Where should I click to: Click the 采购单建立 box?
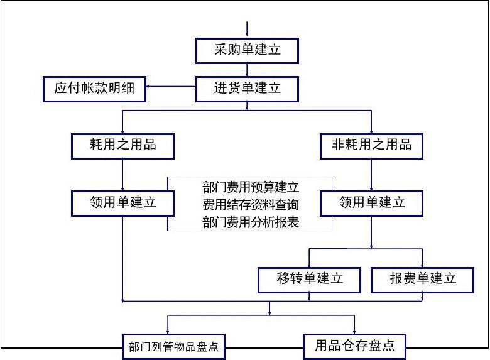(x=247, y=50)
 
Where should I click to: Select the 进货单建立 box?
(x=247, y=89)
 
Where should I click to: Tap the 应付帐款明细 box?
(x=94, y=89)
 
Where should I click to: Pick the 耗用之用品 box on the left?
(x=122, y=146)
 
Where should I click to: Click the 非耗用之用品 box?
(x=371, y=146)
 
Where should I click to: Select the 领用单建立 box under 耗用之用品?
(x=122, y=202)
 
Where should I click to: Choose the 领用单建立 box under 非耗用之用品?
(x=371, y=202)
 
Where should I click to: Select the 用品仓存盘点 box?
(x=354, y=346)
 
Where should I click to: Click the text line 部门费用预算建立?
(x=250, y=187)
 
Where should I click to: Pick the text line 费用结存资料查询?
(x=250, y=204)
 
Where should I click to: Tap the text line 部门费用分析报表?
(x=250, y=221)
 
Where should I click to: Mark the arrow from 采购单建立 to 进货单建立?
(x=247, y=70)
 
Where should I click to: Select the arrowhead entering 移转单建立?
(x=310, y=264)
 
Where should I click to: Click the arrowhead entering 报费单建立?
(x=422, y=264)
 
